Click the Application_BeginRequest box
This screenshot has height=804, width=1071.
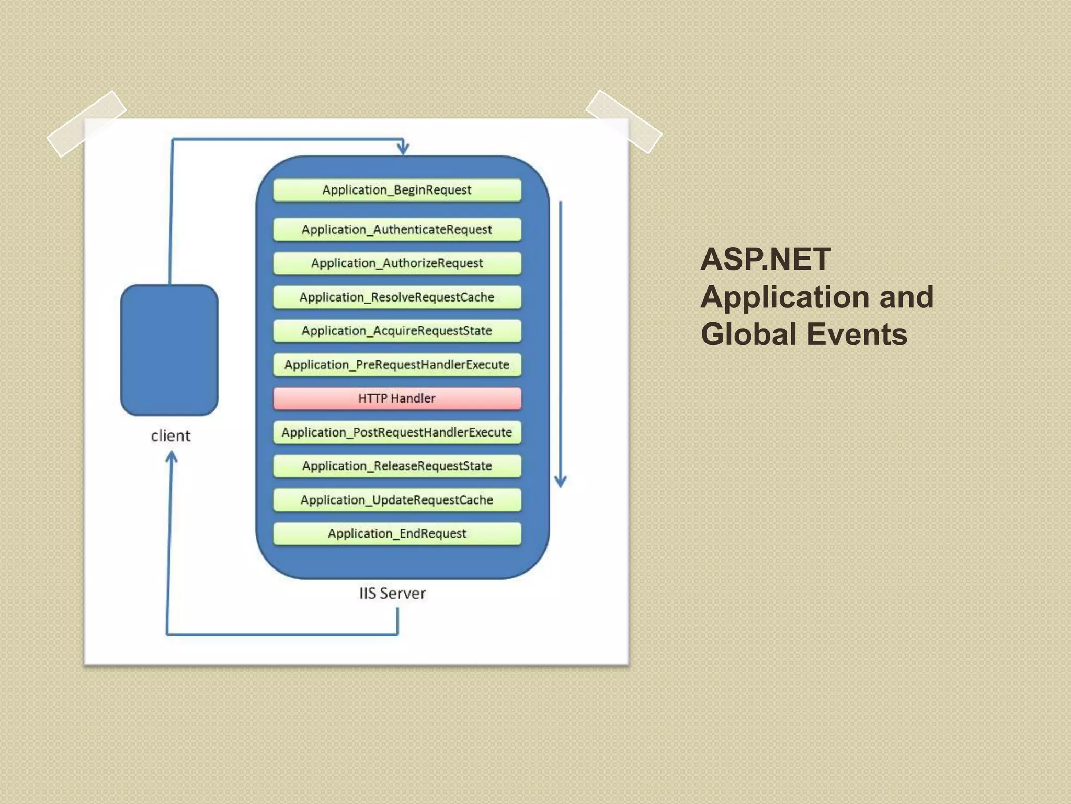[397, 190]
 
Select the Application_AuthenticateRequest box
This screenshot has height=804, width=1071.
[397, 230]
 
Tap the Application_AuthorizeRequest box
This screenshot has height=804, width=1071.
[397, 263]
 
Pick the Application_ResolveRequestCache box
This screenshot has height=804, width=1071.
[397, 297]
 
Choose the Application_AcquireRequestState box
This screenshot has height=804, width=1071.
[397, 331]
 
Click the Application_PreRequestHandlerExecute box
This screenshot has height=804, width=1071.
[397, 365]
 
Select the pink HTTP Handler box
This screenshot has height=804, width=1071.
[397, 398]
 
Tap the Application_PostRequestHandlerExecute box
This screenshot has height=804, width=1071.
[397, 432]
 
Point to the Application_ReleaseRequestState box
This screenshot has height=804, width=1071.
[397, 466]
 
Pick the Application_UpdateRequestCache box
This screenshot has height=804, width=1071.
[397, 500]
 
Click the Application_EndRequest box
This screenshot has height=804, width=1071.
[397, 533]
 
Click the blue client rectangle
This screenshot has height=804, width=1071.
[169, 350]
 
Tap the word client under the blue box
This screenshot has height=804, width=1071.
[170, 435]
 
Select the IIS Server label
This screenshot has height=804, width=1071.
[392, 593]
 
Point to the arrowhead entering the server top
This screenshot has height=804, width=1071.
[403, 148]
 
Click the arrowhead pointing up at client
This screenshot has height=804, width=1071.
[171, 457]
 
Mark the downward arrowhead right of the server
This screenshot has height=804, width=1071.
[561, 481]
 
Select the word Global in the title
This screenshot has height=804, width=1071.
[750, 334]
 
